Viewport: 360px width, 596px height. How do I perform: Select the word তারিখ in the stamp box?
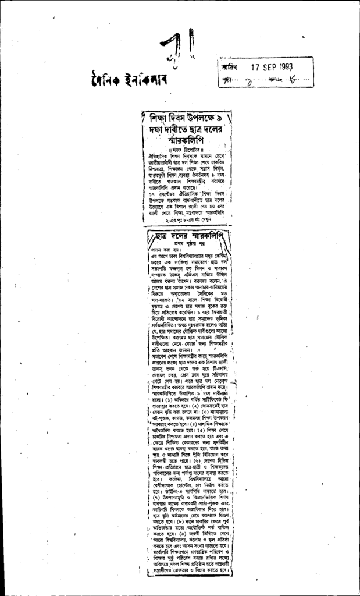click(x=229, y=68)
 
